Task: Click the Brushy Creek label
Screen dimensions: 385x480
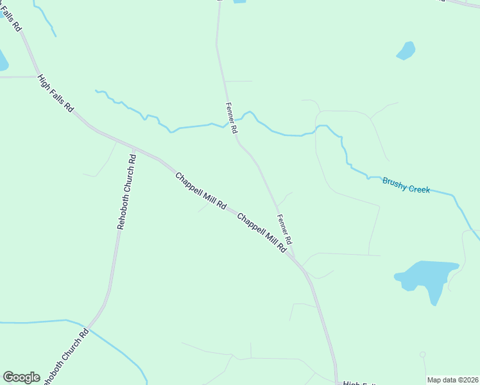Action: [x=406, y=185]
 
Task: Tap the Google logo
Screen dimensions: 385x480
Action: [x=21, y=377]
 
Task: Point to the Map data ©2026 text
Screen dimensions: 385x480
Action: [x=452, y=380]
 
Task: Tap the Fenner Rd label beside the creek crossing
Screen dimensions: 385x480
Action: [x=232, y=117]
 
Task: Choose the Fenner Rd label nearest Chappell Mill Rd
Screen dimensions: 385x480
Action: [x=284, y=228]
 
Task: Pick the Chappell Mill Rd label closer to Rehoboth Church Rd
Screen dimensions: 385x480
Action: [x=201, y=191]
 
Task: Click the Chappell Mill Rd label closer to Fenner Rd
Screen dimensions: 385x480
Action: [x=261, y=232]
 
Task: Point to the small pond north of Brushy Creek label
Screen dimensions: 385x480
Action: [x=406, y=50]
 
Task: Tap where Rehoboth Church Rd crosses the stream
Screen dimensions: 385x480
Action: [x=89, y=328]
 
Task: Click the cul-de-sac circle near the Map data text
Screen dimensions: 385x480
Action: [x=422, y=354]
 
